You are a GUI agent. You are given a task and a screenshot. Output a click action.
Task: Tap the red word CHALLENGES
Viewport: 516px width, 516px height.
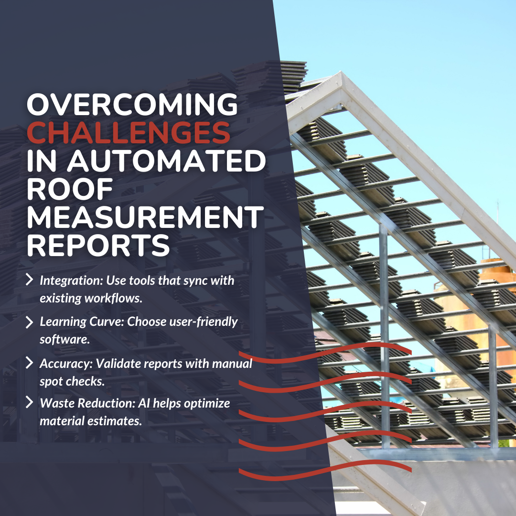129,134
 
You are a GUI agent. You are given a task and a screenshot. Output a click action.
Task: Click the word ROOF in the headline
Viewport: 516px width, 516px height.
70,190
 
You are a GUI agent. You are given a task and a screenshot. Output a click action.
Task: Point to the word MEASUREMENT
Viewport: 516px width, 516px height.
145,218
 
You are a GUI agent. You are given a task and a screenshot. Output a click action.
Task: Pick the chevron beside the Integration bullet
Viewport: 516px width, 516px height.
29,279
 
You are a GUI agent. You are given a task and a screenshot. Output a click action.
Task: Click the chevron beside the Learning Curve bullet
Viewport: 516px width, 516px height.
29,322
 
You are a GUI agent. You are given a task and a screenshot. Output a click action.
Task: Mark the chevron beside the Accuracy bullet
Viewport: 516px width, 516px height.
29,363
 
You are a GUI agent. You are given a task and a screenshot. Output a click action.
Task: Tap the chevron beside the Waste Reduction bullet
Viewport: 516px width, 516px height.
29,403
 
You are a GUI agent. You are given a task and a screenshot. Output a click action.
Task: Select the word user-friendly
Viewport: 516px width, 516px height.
205,322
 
